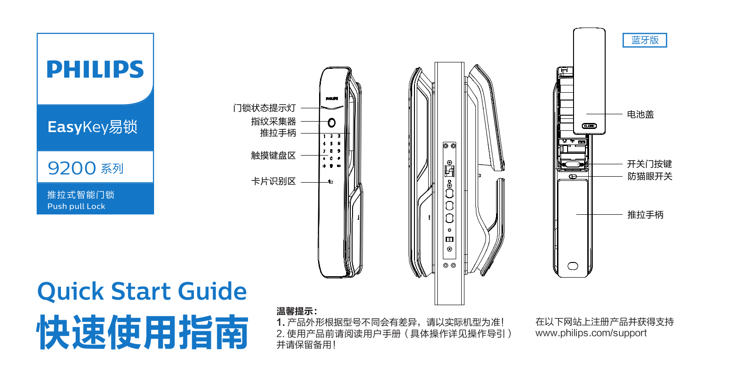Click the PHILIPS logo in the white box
click(x=95, y=69)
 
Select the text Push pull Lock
click(x=76, y=206)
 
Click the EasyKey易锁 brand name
click(x=93, y=127)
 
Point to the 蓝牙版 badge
click(x=645, y=40)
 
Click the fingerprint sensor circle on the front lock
click(x=331, y=123)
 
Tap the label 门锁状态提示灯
click(x=265, y=108)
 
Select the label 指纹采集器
click(x=273, y=121)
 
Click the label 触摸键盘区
click(x=273, y=155)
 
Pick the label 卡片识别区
click(x=273, y=181)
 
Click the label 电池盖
click(x=640, y=114)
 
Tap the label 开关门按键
click(x=650, y=164)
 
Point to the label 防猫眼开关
click(x=650, y=176)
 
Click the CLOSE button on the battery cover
click(x=589, y=126)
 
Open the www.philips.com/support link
click(x=591, y=333)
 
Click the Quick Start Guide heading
click(x=142, y=291)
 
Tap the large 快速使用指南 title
click(x=143, y=332)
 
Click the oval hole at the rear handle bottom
click(x=573, y=266)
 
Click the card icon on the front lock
click(x=331, y=182)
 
